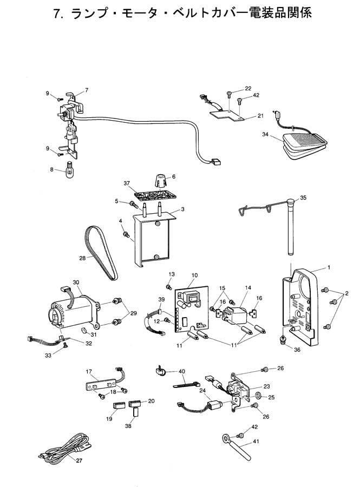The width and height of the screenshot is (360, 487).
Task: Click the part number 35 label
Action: click(x=303, y=198)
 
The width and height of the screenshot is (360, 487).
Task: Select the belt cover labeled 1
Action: click(x=300, y=308)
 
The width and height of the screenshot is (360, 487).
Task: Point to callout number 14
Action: click(x=249, y=288)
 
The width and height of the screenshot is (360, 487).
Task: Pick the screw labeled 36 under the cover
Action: click(x=283, y=339)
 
